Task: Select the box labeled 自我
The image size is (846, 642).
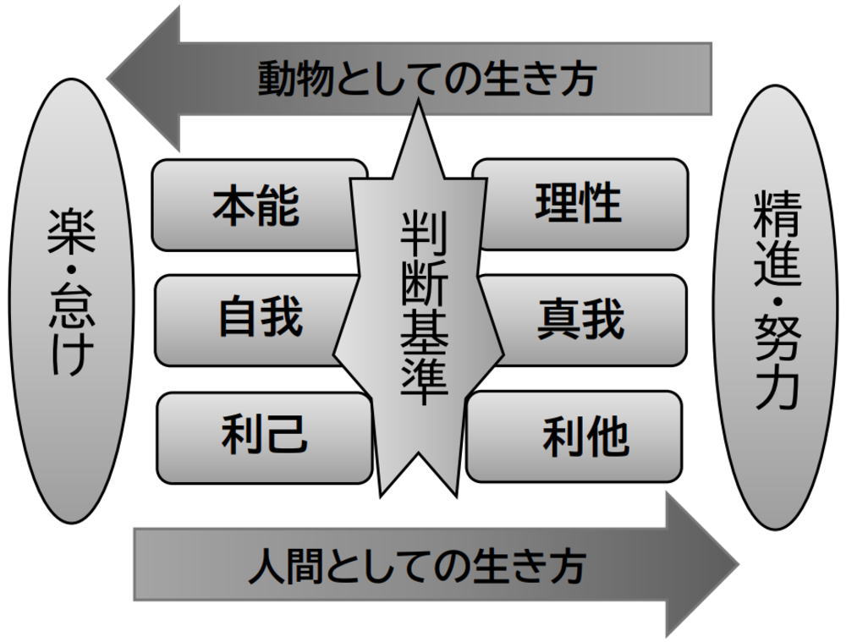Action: (259, 319)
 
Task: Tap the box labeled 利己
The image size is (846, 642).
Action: (263, 436)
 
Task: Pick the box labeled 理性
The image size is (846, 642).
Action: (579, 204)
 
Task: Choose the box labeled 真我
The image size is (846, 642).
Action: (580, 320)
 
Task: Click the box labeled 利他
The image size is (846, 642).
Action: (584, 436)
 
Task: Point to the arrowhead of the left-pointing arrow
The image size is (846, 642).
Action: (144, 79)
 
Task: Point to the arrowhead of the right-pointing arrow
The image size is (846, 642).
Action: (702, 564)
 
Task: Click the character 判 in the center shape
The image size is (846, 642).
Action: (423, 232)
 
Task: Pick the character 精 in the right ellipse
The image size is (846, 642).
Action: (775, 215)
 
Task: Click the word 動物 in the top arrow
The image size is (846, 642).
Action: (293, 79)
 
